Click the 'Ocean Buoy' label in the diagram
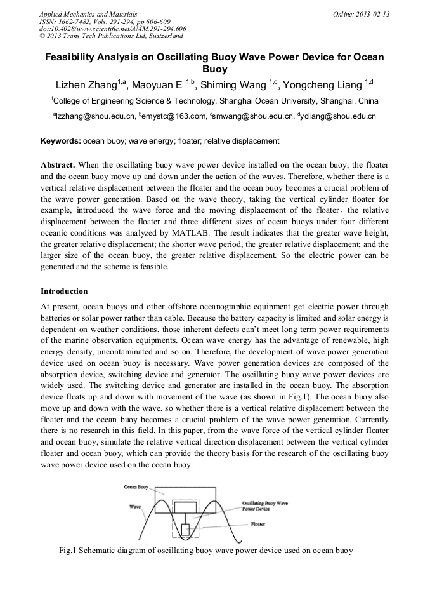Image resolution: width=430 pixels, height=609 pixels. [x=136, y=487]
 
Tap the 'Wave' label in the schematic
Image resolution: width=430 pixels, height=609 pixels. [x=135, y=507]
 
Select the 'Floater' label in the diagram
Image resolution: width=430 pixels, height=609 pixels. [x=257, y=524]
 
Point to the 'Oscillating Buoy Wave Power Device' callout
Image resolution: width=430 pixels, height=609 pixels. [x=264, y=505]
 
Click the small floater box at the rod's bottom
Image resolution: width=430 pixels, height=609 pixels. [x=186, y=529]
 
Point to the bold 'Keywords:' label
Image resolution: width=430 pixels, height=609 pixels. [x=61, y=140]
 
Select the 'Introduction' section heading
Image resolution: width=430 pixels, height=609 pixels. [x=64, y=291]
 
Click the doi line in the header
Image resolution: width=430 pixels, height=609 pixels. [x=112, y=29]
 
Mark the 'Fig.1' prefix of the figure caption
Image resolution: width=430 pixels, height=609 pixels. [x=68, y=551]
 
